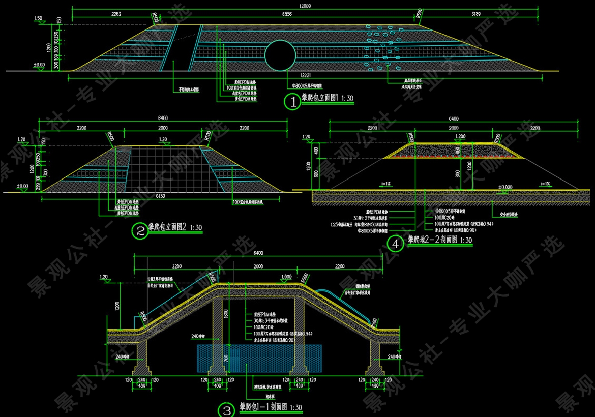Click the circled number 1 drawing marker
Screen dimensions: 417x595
tap(292, 102)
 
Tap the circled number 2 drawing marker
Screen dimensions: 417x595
tap(139, 231)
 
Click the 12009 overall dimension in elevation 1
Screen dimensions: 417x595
tap(305, 6)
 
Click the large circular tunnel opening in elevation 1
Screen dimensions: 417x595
tap(280, 55)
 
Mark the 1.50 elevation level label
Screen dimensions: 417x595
tap(38, 18)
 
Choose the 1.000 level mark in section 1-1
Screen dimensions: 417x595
tap(286, 277)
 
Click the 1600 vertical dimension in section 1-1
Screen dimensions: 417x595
tap(232, 314)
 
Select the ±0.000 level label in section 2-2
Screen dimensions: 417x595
tap(505, 187)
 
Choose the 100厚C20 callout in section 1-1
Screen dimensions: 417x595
tap(262, 327)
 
